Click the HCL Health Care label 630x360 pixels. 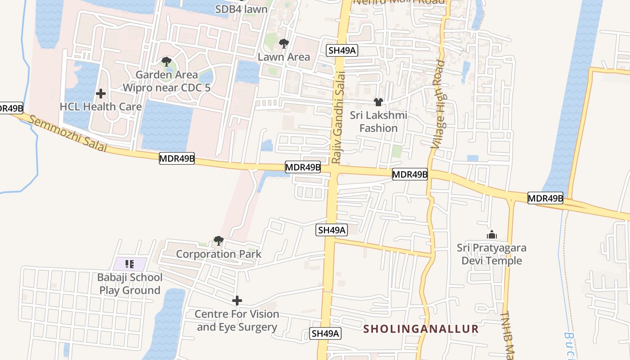pyautogui.click(x=101, y=107)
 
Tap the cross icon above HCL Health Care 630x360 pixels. pyautogui.click(x=101, y=94)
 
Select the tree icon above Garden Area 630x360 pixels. pyautogui.click(x=166, y=62)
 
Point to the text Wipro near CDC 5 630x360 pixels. pyautogui.click(x=166, y=88)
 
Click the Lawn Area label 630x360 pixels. pyautogui.click(x=283, y=57)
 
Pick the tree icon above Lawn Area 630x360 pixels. pyautogui.click(x=283, y=44)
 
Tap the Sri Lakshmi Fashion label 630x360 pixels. pyautogui.click(x=378, y=121)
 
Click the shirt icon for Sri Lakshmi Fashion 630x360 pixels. pyautogui.click(x=378, y=102)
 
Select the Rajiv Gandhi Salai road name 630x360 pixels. pyautogui.click(x=338, y=117)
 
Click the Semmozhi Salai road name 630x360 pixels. pyautogui.click(x=67, y=134)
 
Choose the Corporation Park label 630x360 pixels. pyautogui.click(x=219, y=254)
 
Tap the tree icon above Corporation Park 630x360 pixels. pyautogui.click(x=219, y=241)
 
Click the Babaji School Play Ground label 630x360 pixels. pyautogui.click(x=130, y=283)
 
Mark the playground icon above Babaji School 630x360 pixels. pyautogui.click(x=130, y=264)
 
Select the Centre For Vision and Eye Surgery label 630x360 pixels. pyautogui.click(x=237, y=320)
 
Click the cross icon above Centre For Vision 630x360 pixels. pyautogui.click(x=237, y=301)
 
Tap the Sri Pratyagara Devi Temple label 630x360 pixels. pyautogui.click(x=491, y=254)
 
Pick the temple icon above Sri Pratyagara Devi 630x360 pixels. pyautogui.click(x=491, y=234)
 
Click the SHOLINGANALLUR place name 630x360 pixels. pyautogui.click(x=421, y=329)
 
